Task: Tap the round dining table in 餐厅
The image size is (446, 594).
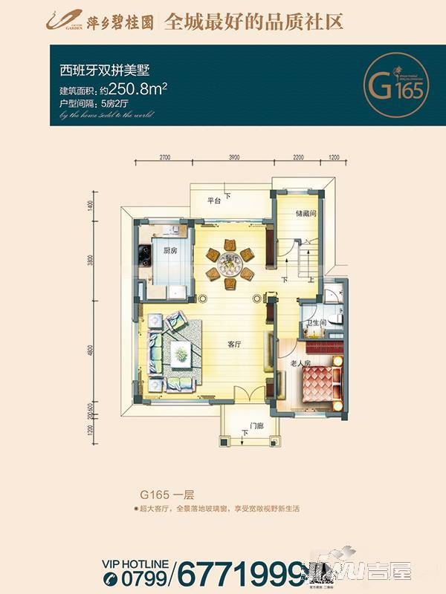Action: click(230, 261)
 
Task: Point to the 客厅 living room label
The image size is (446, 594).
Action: click(236, 345)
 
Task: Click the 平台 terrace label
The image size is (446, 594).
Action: click(215, 200)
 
